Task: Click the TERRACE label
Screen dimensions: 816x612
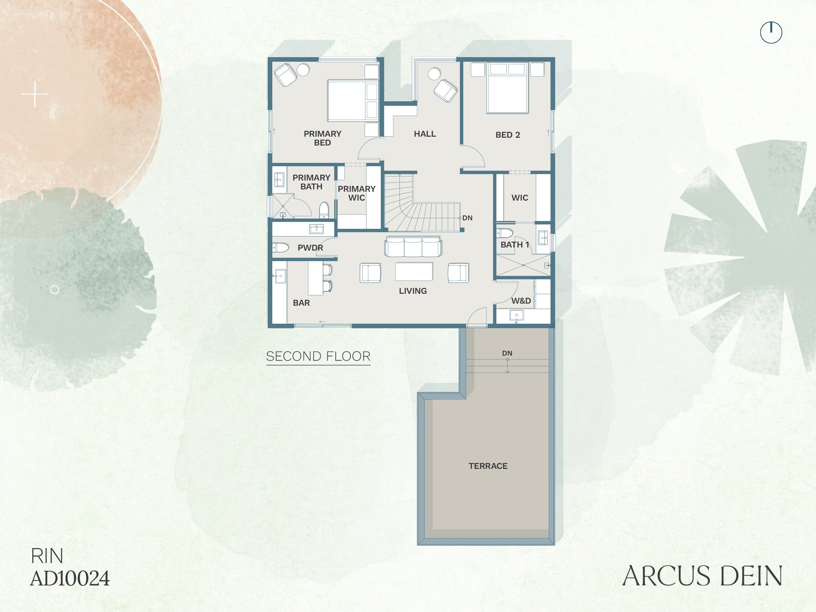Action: tap(488, 466)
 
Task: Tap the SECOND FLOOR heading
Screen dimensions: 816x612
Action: tap(318, 356)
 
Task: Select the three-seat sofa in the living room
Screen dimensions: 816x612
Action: tap(413, 247)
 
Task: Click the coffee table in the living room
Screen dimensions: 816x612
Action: tap(414, 272)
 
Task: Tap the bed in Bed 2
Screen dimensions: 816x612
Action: tap(508, 88)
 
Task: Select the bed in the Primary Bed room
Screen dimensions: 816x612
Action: tap(353, 101)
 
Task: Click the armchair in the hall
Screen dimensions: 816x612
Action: tap(446, 90)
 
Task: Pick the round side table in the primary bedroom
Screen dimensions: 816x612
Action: tap(303, 70)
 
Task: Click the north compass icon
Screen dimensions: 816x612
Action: tap(771, 32)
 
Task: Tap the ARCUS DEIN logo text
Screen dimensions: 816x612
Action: tap(702, 576)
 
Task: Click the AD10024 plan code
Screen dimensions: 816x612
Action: tap(70, 578)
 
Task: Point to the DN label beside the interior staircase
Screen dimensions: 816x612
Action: tap(468, 218)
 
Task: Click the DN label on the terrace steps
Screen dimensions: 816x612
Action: tap(507, 353)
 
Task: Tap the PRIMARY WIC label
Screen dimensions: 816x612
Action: tap(357, 193)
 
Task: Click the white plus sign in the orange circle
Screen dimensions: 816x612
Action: tap(35, 95)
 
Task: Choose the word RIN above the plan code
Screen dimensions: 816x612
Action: tap(47, 556)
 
